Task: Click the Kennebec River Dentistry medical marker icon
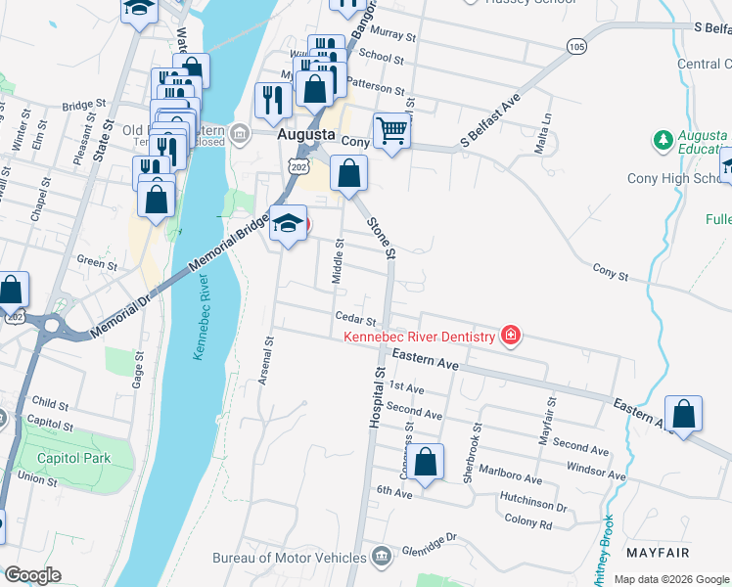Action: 510,337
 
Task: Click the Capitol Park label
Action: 73,458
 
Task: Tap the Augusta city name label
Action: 306,134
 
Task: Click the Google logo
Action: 32,575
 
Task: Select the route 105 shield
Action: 576,47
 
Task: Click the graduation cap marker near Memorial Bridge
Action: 288,223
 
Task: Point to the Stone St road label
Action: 381,238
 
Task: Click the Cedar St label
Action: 355,319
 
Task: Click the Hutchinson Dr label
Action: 533,507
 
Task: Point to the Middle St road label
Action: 337,262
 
